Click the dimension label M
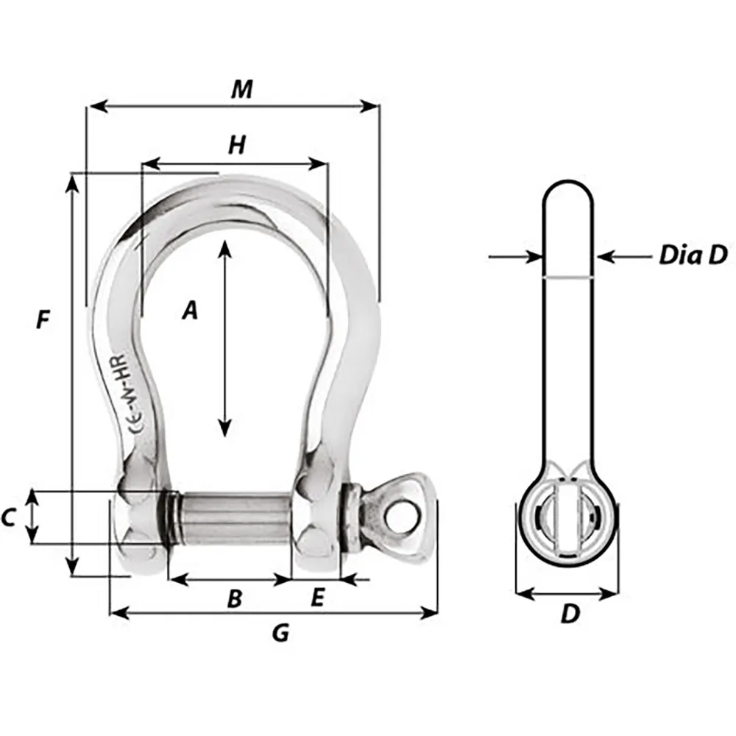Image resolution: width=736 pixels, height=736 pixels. pos(241,89)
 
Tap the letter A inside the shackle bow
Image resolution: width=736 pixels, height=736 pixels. pos(190,311)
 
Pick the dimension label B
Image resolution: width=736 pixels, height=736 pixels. pos(234,599)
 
